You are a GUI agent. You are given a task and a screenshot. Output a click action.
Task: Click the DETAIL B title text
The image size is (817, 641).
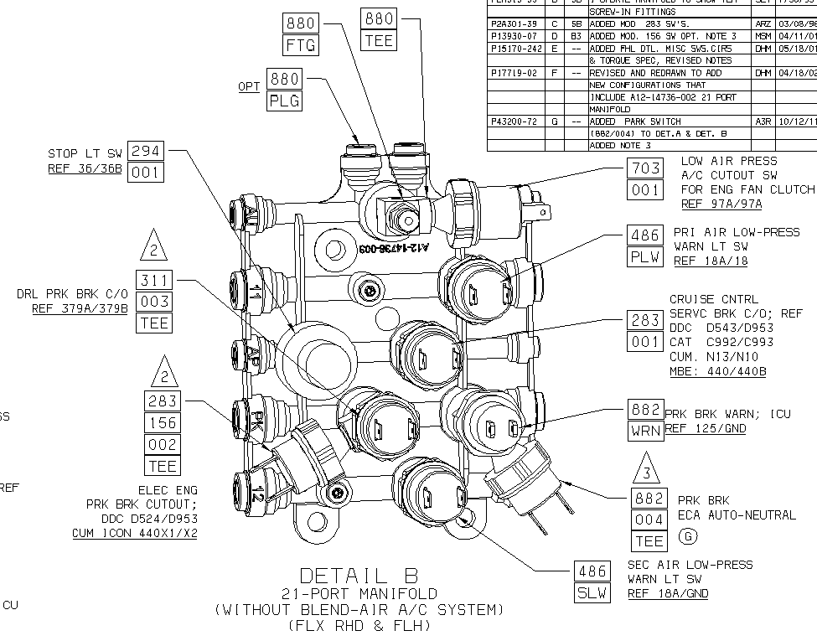pyautogui.click(x=358, y=576)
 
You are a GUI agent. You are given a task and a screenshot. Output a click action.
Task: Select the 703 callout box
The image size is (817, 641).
pyautogui.click(x=645, y=169)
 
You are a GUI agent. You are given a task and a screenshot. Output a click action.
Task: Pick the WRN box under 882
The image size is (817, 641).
pyautogui.click(x=645, y=431)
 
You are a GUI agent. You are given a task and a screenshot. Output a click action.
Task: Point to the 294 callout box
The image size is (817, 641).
pyautogui.click(x=146, y=152)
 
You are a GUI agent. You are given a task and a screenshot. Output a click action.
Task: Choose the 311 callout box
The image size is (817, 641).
pyautogui.click(x=153, y=280)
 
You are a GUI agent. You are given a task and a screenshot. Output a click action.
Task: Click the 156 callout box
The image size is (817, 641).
pyautogui.click(x=163, y=422)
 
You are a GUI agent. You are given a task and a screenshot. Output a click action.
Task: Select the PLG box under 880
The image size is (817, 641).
pyautogui.click(x=284, y=101)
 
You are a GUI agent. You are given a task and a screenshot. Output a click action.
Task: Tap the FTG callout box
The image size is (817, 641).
pyautogui.click(x=301, y=44)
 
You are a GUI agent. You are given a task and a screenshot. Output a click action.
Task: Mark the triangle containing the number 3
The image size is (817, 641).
pyautogui.click(x=645, y=470)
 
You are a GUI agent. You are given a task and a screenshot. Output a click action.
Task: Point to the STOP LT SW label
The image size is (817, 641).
pyautogui.click(x=85, y=153)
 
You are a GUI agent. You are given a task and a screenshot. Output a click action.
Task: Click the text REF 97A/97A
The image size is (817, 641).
pyautogui.click(x=721, y=204)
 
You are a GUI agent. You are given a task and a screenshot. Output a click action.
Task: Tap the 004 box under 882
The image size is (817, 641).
pyautogui.click(x=649, y=520)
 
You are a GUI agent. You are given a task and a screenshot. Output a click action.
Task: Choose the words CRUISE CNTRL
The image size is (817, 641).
pyautogui.click(x=713, y=299)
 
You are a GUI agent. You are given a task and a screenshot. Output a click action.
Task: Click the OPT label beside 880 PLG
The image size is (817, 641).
pyautogui.click(x=248, y=86)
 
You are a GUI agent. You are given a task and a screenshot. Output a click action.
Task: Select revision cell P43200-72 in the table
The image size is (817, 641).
pyautogui.click(x=514, y=121)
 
